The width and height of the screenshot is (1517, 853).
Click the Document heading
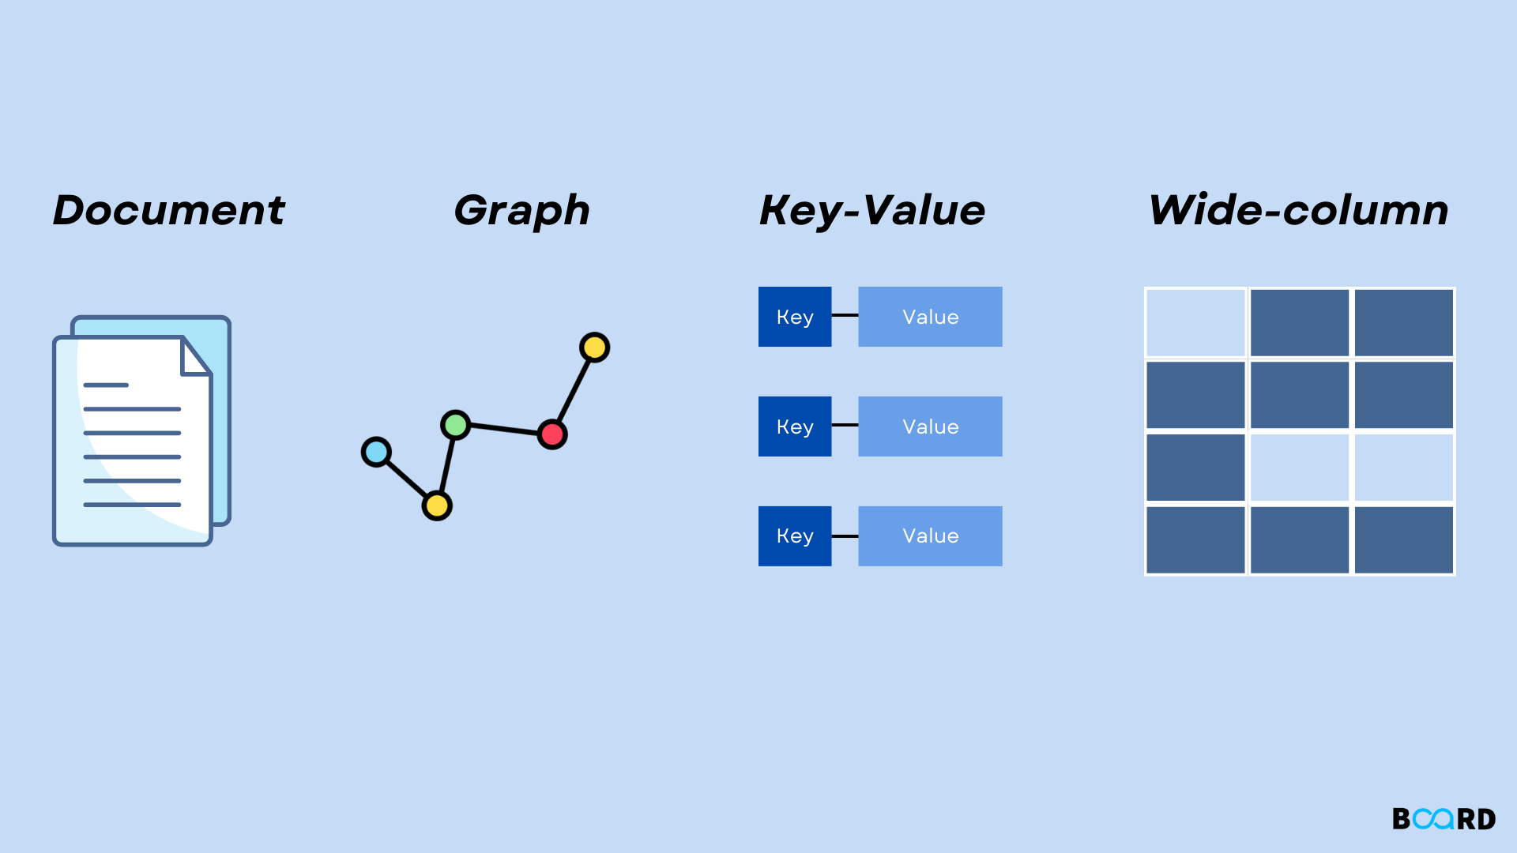168,210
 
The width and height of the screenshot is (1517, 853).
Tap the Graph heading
521,210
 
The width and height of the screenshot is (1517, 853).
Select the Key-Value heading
872,210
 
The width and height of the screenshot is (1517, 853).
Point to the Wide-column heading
1298,210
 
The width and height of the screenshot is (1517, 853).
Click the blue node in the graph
376,452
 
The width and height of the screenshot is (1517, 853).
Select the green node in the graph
455,425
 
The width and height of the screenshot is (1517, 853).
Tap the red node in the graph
552,434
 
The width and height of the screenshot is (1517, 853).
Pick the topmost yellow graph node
594,347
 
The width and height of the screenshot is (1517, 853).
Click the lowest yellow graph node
437,505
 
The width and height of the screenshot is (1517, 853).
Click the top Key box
795,317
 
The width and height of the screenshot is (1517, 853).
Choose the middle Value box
930,426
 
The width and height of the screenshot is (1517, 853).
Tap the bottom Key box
795,536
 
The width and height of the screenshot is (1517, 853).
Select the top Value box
930,317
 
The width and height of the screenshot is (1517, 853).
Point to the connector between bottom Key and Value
845,536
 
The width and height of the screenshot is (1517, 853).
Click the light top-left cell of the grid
1195,322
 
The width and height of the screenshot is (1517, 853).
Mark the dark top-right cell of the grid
1404,322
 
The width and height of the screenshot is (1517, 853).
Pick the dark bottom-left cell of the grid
1195,540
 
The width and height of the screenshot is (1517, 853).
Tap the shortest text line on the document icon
106,385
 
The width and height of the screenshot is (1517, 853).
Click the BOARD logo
1444,819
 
